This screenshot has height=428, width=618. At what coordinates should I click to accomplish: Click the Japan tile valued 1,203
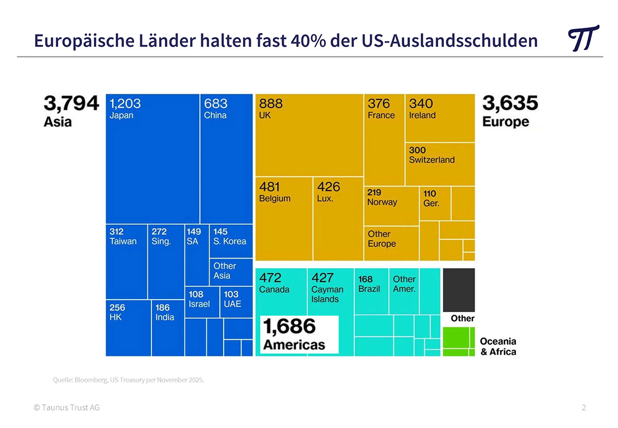pos(152,159)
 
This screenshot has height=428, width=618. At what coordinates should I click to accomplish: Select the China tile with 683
pos(226,159)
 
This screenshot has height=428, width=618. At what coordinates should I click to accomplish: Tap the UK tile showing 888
pos(309,135)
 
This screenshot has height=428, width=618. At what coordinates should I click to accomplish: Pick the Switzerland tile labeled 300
pos(440,164)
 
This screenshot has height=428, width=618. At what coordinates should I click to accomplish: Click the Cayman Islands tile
pos(330,290)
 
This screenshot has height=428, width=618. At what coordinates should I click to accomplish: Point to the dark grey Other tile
pos(458,289)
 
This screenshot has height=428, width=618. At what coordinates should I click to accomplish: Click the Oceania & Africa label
pos(498,347)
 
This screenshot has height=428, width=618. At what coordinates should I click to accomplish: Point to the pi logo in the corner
pos(583,38)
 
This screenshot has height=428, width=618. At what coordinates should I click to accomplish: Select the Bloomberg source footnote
pos(128,380)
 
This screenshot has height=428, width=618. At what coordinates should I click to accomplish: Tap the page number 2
pos(583,408)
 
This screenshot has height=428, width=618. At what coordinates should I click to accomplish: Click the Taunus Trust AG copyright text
pos(66,408)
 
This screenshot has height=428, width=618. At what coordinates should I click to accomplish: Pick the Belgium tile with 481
pos(284,218)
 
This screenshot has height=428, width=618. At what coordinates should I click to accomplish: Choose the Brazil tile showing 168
pos(371,290)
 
